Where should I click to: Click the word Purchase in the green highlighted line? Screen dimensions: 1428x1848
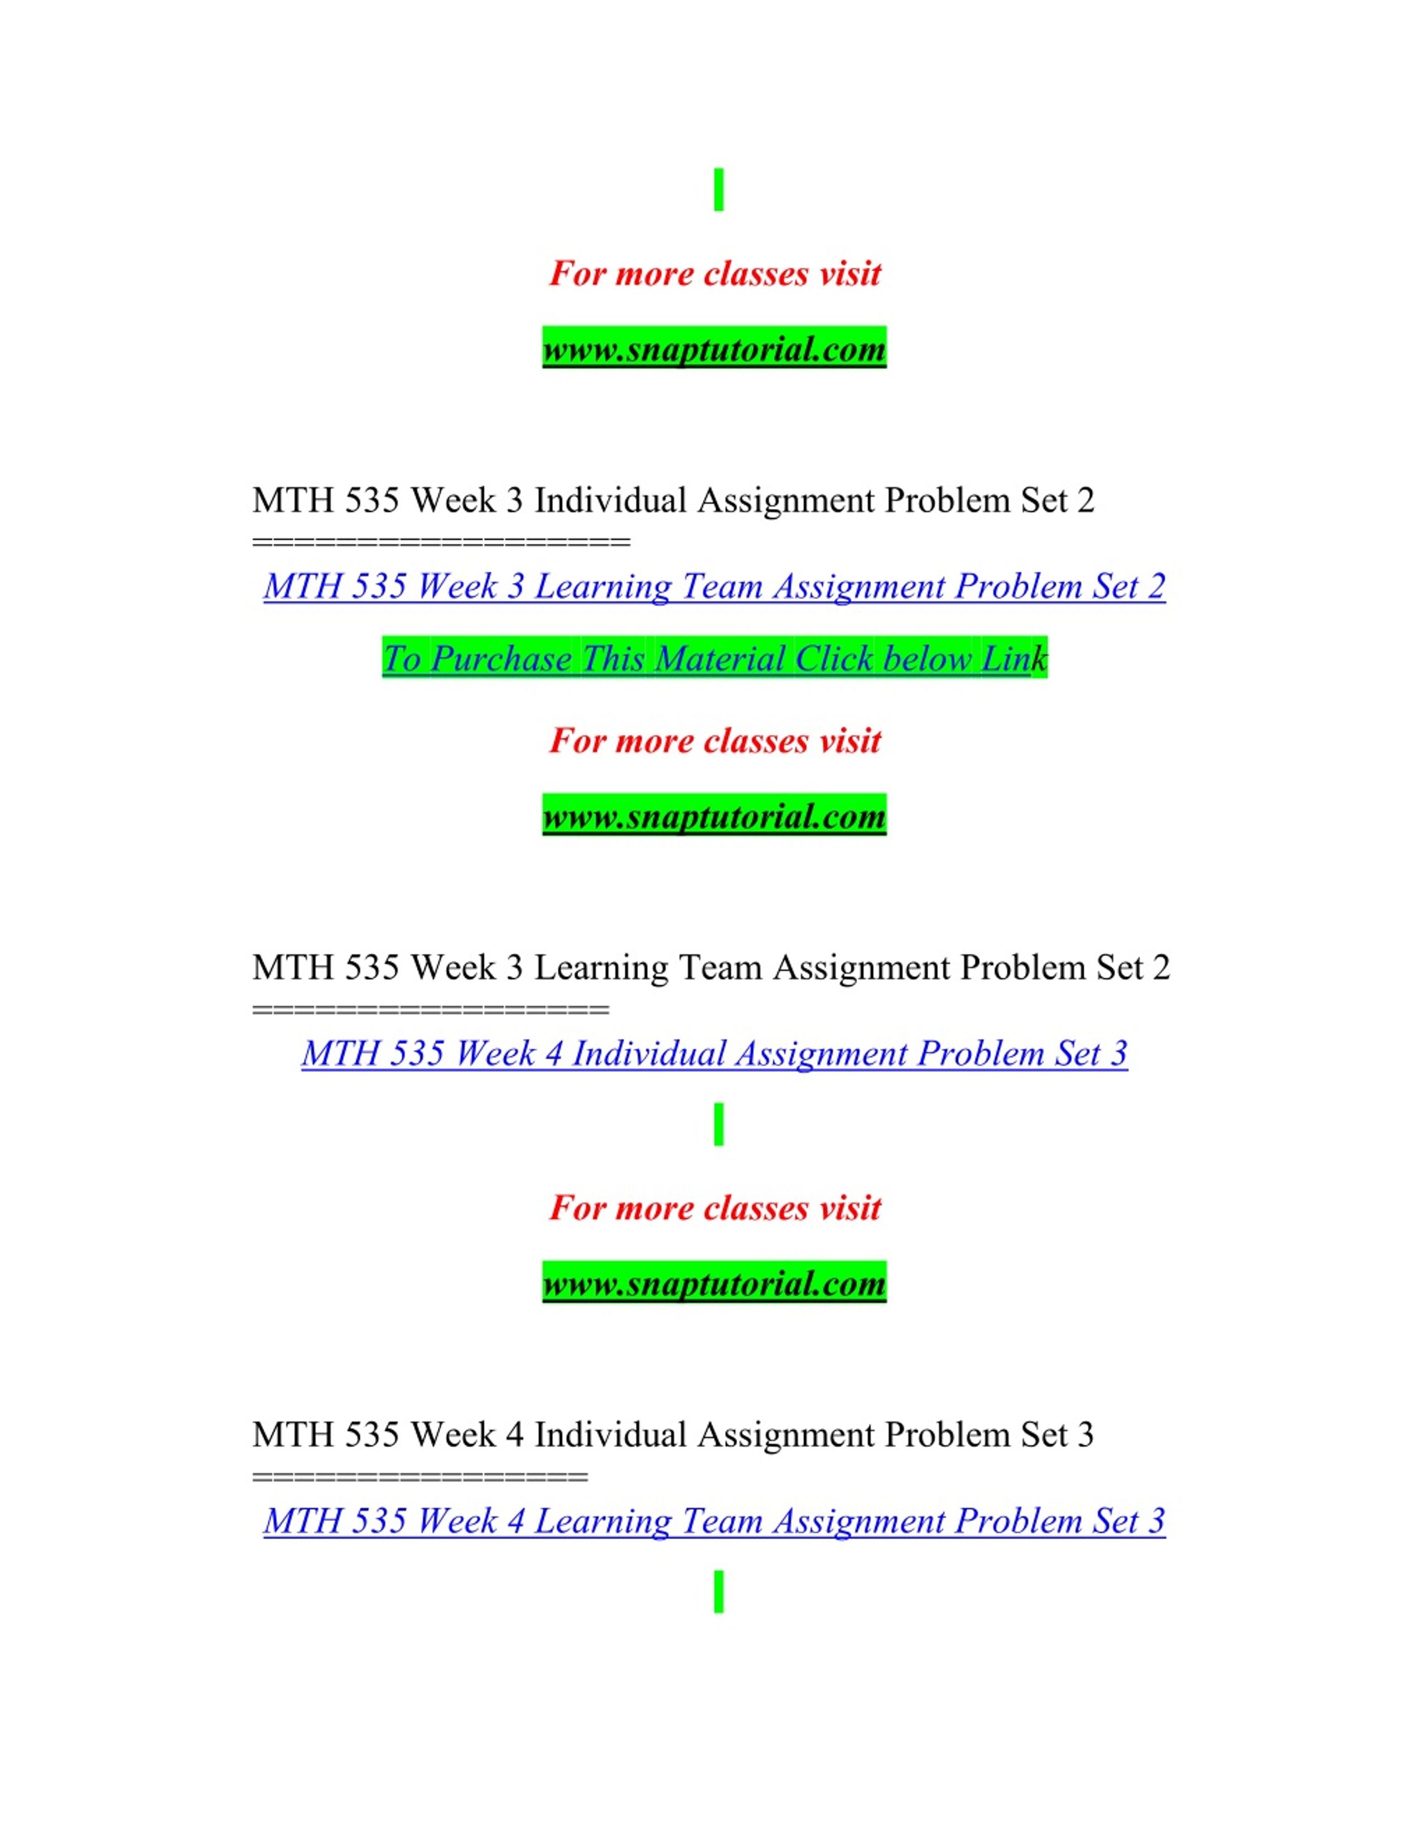click(501, 658)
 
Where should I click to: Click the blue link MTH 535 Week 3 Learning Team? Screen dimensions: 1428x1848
click(714, 586)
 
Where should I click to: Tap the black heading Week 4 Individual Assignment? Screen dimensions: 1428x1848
click(673, 1434)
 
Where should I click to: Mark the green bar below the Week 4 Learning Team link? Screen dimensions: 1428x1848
click(719, 1591)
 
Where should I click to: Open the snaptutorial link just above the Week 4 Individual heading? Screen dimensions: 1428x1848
click(714, 1283)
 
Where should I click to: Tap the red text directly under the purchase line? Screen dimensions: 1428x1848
click(715, 740)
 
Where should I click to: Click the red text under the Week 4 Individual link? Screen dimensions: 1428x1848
click(715, 1208)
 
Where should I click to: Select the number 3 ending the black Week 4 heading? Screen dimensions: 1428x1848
click(1086, 1434)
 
